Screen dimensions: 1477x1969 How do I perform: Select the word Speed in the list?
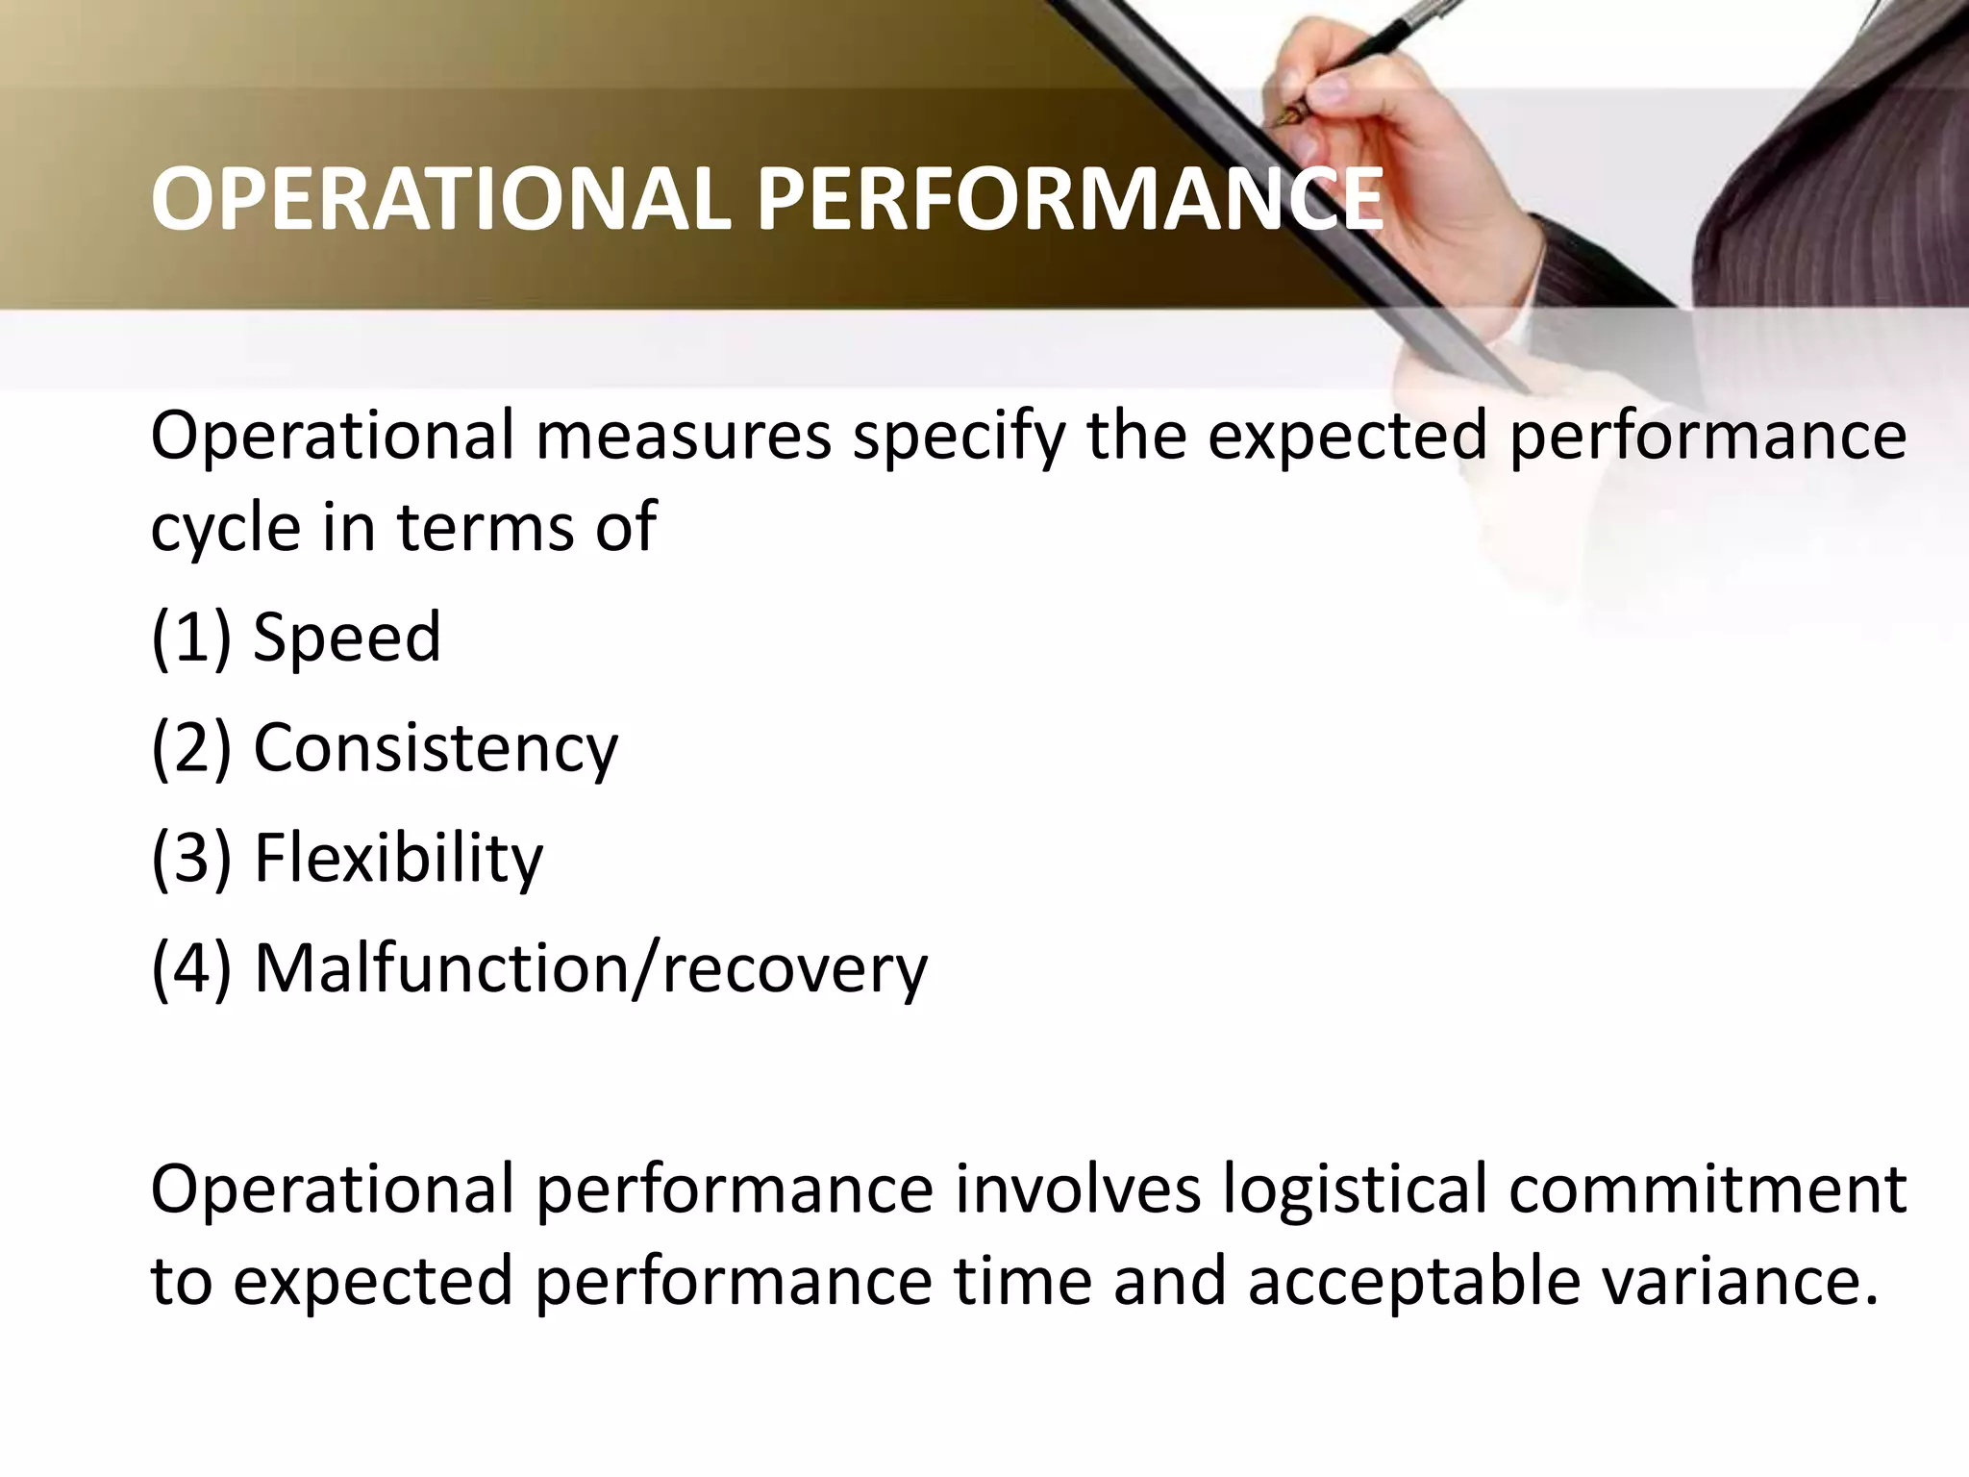(346, 637)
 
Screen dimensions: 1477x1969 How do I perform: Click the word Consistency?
(435, 748)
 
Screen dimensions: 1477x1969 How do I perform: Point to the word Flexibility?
(397, 858)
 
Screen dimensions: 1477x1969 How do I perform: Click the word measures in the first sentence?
(683, 436)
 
